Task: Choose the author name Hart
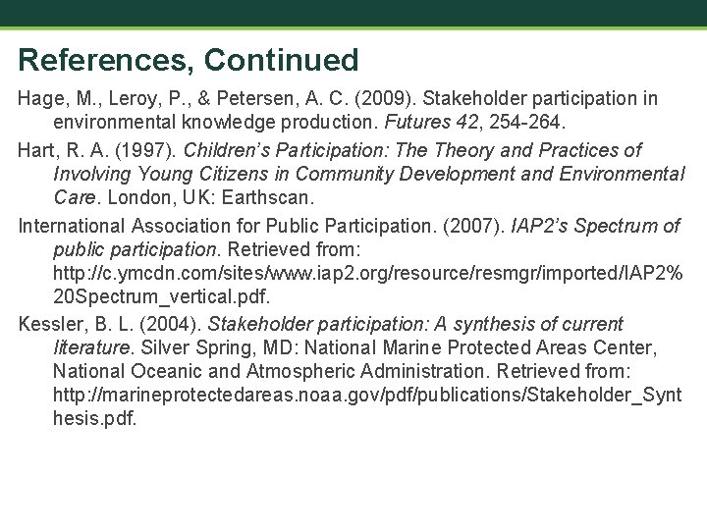[37, 150]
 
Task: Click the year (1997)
[145, 150]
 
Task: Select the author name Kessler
[49, 324]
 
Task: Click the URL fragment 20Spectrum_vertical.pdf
[161, 294]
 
